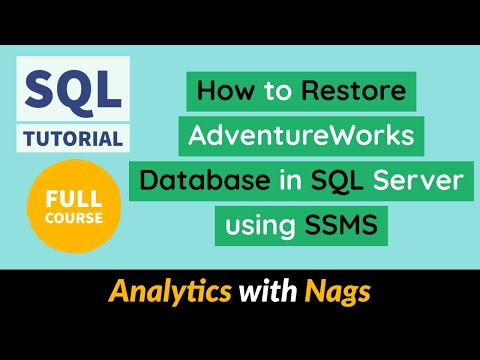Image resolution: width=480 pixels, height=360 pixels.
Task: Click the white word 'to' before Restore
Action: [275, 92]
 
